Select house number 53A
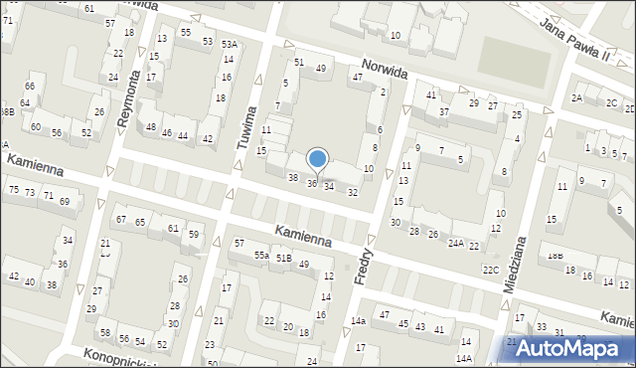click(x=230, y=45)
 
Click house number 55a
click(x=260, y=256)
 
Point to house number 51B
click(x=284, y=259)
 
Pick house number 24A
click(x=455, y=243)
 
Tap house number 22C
click(x=490, y=270)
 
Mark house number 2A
click(x=576, y=97)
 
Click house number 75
click(x=13, y=189)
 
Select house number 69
click(x=65, y=201)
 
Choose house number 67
click(x=120, y=219)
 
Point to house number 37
click(x=444, y=112)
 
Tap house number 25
click(x=517, y=115)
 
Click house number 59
click(x=194, y=235)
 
